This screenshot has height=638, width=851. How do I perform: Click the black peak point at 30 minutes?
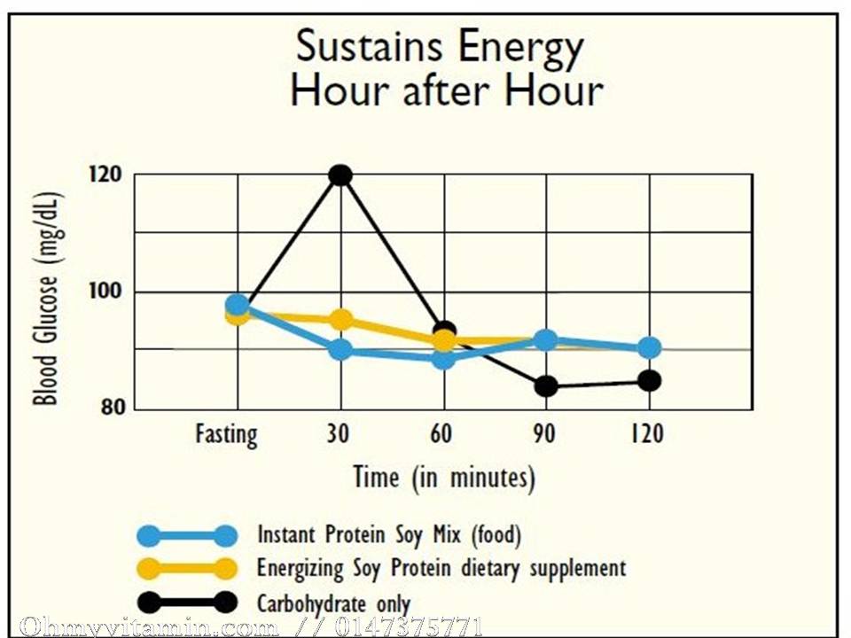tap(340, 175)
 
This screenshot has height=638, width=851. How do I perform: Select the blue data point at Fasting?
tap(237, 306)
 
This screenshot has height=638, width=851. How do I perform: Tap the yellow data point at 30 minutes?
tap(340, 320)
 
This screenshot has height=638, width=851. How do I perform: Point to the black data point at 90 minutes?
tap(546, 385)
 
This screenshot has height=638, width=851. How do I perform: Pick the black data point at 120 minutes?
tap(649, 380)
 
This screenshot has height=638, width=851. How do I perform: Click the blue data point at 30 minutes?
tap(340, 349)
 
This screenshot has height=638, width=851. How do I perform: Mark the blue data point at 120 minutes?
tap(649, 347)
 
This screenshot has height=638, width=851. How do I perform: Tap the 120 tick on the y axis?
tap(105, 174)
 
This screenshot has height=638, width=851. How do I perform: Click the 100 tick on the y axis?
tap(105, 292)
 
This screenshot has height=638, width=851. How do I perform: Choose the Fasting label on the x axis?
tap(227, 435)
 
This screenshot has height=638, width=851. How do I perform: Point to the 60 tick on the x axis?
tap(441, 434)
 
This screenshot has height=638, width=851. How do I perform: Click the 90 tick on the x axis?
tap(543, 434)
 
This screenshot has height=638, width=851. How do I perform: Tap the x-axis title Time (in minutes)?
tap(444, 478)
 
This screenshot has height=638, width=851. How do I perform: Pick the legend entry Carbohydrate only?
tap(333, 604)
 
